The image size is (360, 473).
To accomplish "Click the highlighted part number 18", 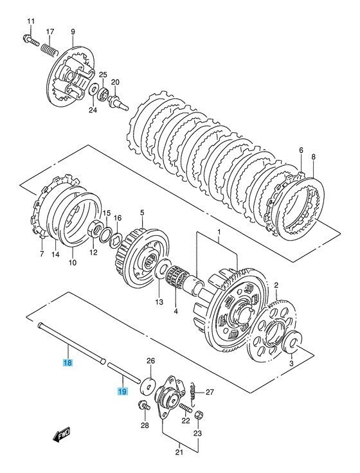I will (x=68, y=363).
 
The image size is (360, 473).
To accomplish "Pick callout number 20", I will (x=116, y=82).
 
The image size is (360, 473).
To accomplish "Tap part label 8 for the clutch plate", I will (x=314, y=156).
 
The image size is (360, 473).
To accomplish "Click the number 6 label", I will (x=300, y=150).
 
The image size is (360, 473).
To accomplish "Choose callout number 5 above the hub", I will (x=142, y=213).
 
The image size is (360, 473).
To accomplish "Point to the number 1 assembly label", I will (x=218, y=231).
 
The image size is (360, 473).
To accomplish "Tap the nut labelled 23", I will (x=199, y=416).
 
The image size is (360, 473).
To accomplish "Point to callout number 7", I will (x=40, y=253).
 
